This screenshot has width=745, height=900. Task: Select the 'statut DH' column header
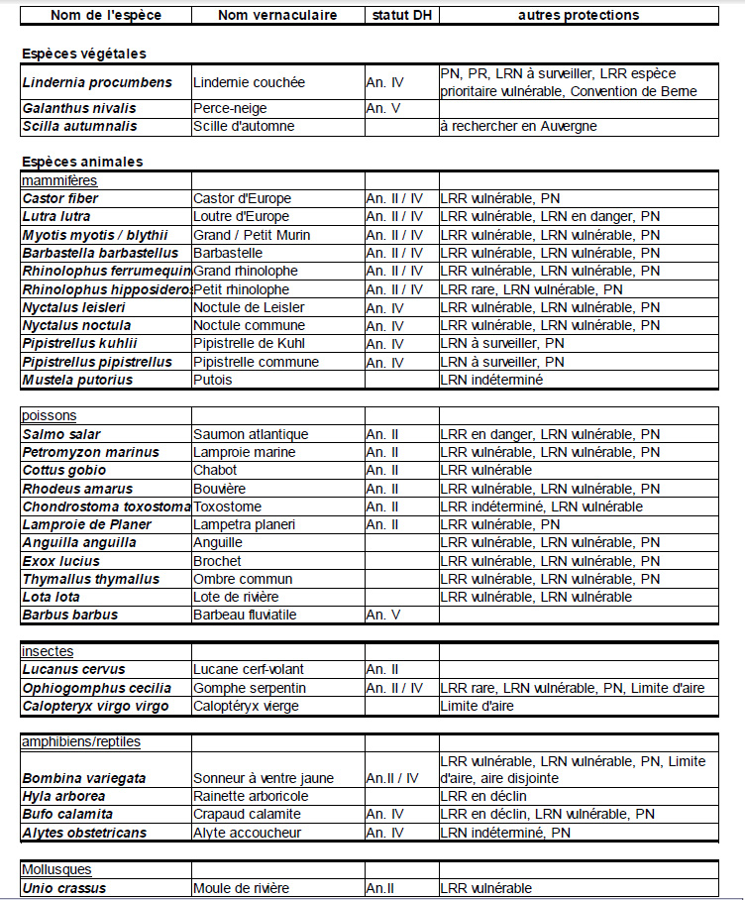(x=400, y=15)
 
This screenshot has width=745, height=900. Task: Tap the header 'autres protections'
(x=579, y=15)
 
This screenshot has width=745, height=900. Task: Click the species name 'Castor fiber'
(x=60, y=198)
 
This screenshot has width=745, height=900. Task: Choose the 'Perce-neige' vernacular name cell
(x=230, y=108)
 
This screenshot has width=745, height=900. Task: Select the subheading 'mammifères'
(x=59, y=180)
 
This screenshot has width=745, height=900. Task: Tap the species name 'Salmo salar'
(x=61, y=434)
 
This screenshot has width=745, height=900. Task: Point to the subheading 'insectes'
(x=49, y=651)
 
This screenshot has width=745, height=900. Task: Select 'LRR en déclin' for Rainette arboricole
(x=483, y=796)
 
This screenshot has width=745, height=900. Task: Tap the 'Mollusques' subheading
(x=56, y=869)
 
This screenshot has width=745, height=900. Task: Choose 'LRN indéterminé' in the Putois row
(x=491, y=380)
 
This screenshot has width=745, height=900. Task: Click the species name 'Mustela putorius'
(x=77, y=380)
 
